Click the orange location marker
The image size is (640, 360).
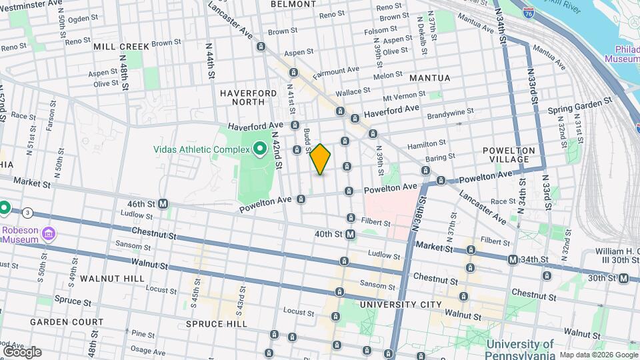click(321, 159)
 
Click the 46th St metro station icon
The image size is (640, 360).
click(163, 203)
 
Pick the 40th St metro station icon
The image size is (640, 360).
click(351, 234)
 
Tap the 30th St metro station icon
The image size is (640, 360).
click(623, 278)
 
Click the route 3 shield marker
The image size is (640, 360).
click(27, 213)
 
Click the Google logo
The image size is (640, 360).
click(22, 351)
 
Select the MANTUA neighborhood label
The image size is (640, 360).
click(429, 78)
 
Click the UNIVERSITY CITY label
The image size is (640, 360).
click(400, 305)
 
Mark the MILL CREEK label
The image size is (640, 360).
click(122, 47)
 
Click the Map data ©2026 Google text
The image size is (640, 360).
click(598, 355)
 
